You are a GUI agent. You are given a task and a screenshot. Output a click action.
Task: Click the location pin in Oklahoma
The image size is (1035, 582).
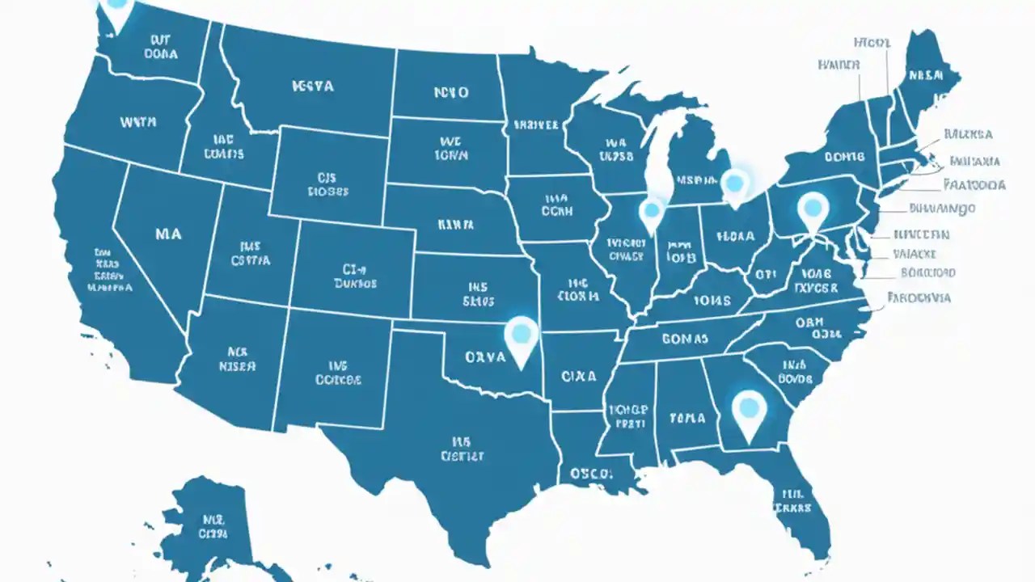point(521,336)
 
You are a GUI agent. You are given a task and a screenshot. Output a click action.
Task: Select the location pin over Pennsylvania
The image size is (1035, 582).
point(813,209)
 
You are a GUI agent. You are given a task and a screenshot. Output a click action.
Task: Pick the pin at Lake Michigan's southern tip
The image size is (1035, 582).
point(651,214)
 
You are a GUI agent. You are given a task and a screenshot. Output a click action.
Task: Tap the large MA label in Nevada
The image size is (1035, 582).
point(167,234)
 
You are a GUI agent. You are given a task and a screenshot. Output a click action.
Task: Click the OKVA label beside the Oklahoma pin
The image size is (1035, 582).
point(486,356)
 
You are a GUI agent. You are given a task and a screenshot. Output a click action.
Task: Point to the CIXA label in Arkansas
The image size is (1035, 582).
point(578,376)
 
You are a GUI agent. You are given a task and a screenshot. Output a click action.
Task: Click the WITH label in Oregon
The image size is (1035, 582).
point(137,123)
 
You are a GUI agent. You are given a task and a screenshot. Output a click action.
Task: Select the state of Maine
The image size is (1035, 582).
point(926,77)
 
